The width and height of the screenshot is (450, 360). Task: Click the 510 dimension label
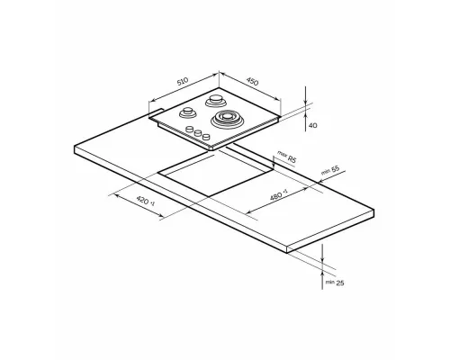(x=183, y=81)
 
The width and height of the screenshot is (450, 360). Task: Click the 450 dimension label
(x=252, y=81)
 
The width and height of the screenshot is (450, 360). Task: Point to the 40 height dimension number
(x=312, y=125)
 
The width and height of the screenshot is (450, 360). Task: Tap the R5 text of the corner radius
(x=292, y=159)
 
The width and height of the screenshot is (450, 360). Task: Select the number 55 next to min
(x=336, y=169)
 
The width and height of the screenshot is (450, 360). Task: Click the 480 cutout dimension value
(x=276, y=196)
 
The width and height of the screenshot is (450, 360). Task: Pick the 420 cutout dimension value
(x=142, y=200)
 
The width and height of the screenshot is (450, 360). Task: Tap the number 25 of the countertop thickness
(x=340, y=283)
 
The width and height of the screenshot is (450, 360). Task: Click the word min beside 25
(x=329, y=283)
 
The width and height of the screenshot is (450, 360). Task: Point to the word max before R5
(x=282, y=154)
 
